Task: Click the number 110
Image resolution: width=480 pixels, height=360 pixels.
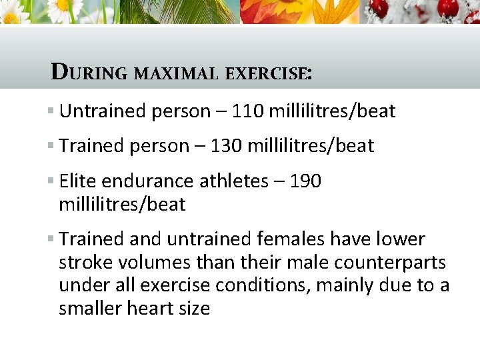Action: pos(247,111)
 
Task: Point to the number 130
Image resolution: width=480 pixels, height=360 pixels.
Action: pos(226,146)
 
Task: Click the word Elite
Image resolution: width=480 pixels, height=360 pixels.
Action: pos(78,181)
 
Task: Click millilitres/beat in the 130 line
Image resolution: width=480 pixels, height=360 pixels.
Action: pos(311,146)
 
